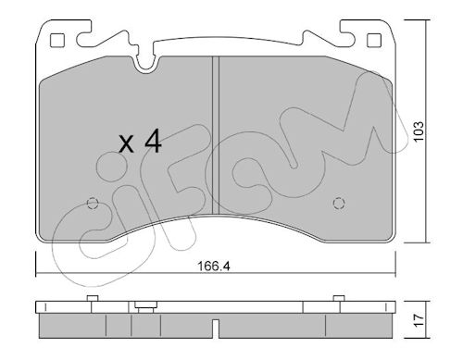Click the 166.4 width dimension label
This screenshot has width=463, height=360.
pyautogui.click(x=213, y=266)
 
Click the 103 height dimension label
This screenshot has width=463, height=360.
pyautogui.click(x=419, y=131)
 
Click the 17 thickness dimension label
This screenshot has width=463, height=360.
pyautogui.click(x=419, y=320)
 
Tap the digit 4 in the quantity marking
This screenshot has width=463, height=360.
pyautogui.click(x=154, y=141)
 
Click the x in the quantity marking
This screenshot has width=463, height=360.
pyautogui.click(x=127, y=144)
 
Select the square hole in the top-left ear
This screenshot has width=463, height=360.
pyautogui.click(x=57, y=41)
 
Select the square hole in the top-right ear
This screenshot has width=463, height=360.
pyautogui.click(x=374, y=41)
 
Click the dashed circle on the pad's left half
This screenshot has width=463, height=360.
pyautogui.click(x=93, y=204)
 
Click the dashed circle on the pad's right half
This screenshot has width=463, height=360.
pyautogui.click(x=339, y=203)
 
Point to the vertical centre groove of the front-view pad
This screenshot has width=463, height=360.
pyautogui.click(x=216, y=135)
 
